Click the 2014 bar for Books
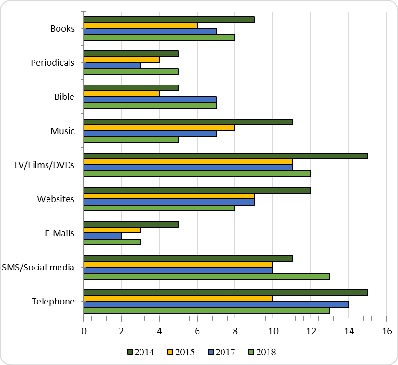tap(169, 20)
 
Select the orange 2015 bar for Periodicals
tap(122, 60)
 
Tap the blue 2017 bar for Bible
tap(150, 99)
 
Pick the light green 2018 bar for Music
tap(131, 140)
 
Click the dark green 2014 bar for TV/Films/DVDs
tap(226, 156)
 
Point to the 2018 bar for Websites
tap(159, 208)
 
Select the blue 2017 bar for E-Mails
tap(103, 236)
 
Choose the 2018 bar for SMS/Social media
tap(207, 276)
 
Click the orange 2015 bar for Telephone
tap(178, 298)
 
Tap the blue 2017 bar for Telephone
tap(216, 304)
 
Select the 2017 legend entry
tap(221, 352)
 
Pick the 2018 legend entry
tap(261, 352)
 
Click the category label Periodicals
tap(52, 62)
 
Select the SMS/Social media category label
tap(38, 267)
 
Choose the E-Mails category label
tap(59, 233)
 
